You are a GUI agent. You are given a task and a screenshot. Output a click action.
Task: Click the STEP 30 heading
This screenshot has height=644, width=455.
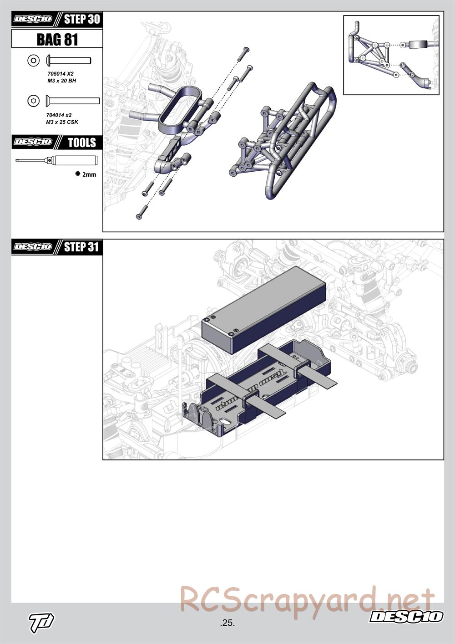pos(81,19)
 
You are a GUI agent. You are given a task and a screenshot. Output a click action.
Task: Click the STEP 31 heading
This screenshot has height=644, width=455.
pos(81,247)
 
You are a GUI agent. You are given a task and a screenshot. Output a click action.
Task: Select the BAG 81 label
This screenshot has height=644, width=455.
pos(57,39)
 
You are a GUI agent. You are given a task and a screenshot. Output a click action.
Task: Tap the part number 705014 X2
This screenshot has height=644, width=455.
pos(61,74)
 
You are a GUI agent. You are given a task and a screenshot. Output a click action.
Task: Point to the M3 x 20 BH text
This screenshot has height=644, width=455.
pos(62,81)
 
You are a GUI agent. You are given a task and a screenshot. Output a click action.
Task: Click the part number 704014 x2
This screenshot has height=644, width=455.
pos(59,115)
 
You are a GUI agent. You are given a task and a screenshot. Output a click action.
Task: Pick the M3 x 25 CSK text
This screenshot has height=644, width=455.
pos(62,122)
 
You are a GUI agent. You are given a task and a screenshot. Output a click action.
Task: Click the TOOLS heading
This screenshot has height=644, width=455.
pos(81,143)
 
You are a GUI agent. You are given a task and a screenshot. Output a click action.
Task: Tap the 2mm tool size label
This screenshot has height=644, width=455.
pos(89,174)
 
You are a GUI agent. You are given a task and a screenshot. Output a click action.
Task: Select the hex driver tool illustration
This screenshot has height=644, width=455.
pos(56,159)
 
